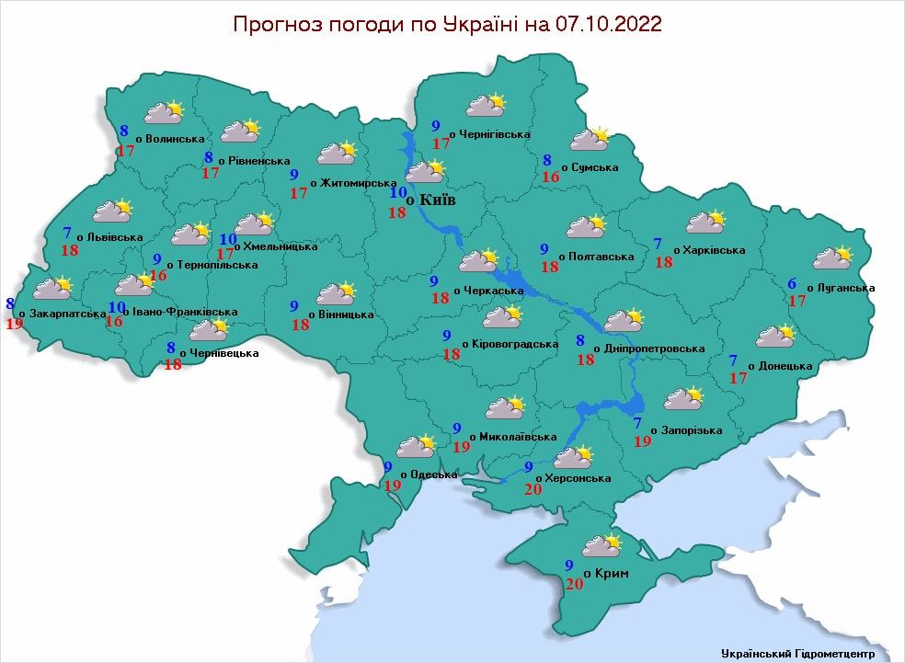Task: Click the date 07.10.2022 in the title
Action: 609,24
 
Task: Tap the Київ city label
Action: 437,200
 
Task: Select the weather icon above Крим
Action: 601,545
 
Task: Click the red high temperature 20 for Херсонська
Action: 532,487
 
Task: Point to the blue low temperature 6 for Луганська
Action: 793,283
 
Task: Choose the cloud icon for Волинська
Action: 165,112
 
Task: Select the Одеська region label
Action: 432,474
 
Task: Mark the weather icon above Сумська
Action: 590,139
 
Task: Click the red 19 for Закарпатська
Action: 14,323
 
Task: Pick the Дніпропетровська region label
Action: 655,349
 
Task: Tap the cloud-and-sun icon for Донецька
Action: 775,336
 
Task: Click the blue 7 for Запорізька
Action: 637,423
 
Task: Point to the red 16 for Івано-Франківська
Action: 114,321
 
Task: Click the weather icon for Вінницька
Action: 336,293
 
